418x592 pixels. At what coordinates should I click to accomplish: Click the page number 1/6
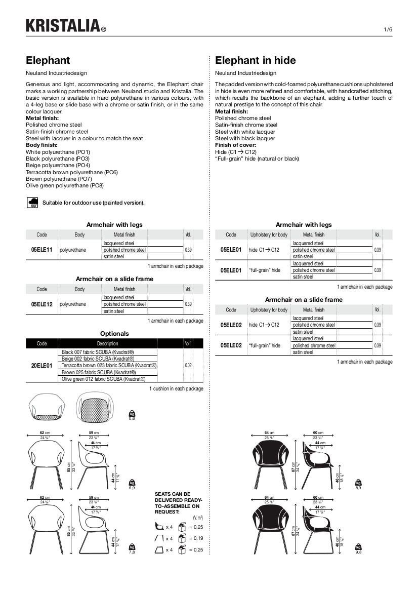(388, 29)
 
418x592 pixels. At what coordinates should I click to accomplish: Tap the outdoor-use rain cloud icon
(32, 203)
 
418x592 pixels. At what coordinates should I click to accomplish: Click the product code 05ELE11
(41, 250)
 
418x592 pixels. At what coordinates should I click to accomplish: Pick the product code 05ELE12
(41, 304)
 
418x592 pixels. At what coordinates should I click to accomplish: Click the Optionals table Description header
(107, 344)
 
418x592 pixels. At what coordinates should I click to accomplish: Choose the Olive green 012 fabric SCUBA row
(103, 379)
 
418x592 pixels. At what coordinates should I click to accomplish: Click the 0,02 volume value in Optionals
(188, 365)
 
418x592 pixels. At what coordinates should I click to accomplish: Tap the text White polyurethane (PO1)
(58, 152)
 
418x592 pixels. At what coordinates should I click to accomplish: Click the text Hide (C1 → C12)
(236, 152)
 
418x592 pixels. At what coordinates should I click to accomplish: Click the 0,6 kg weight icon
(132, 414)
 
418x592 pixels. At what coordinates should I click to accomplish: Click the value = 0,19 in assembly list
(196, 539)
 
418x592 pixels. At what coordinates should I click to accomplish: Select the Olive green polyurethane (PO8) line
(65, 186)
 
